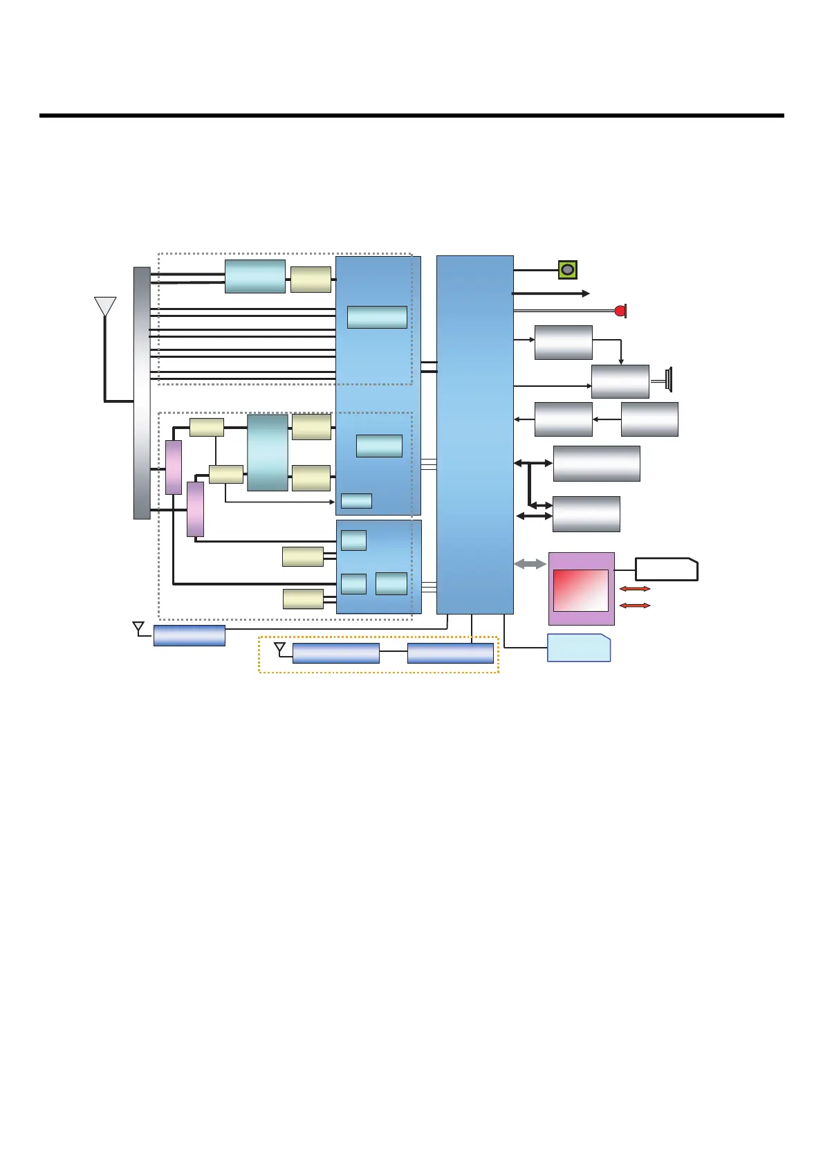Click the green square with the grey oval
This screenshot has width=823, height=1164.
click(567, 270)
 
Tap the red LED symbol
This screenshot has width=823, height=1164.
click(620, 311)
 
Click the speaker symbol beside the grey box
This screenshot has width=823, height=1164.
click(667, 379)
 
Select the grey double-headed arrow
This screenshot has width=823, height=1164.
click(530, 565)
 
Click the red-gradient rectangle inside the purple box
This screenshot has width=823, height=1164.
click(581, 590)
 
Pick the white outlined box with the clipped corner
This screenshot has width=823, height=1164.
click(667, 569)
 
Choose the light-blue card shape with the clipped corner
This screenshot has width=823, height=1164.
click(579, 648)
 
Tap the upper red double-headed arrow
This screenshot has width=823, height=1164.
click(635, 589)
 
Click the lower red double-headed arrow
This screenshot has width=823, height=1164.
click(635, 606)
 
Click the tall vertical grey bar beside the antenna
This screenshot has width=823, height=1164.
click(142, 392)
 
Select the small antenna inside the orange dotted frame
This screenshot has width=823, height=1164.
click(280, 648)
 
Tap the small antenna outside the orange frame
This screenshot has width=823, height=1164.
click(138, 628)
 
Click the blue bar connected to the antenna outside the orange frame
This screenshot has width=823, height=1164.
click(189, 635)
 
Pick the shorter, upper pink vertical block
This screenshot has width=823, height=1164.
click(174, 467)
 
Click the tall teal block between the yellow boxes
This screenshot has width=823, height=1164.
click(267, 453)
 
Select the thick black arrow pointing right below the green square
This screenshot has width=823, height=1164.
click(551, 293)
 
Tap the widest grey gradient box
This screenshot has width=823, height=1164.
click(596, 464)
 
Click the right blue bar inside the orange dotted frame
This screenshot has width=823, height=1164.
click(450, 653)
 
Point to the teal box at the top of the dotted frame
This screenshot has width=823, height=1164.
click(255, 276)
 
